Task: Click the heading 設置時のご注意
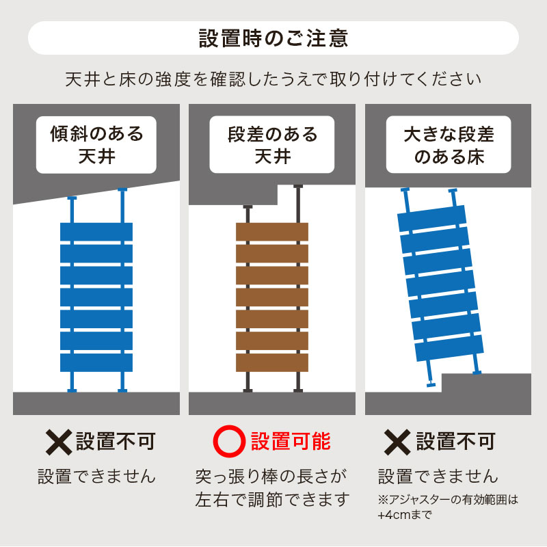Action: pos(273,38)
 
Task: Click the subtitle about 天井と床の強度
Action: pos(273,79)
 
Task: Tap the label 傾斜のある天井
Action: pos(96,144)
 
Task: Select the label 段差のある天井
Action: pos(272,144)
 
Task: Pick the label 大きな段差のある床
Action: pos(449,145)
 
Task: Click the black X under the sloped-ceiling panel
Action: pos(59,442)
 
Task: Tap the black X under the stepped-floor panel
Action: pos(397,442)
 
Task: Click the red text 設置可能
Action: pos(291,441)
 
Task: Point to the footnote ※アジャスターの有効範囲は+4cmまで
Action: pos(448,507)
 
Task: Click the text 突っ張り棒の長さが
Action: pos(271,477)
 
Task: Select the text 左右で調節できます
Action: pos(272,500)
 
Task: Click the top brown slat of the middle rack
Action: pos(272,232)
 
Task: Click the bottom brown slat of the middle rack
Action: pos(272,363)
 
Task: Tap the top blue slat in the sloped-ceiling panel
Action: pos(96,232)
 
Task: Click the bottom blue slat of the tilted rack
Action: pos(449,348)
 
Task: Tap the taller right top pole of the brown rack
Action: pos(298,204)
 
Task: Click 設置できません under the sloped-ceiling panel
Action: pos(96,477)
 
